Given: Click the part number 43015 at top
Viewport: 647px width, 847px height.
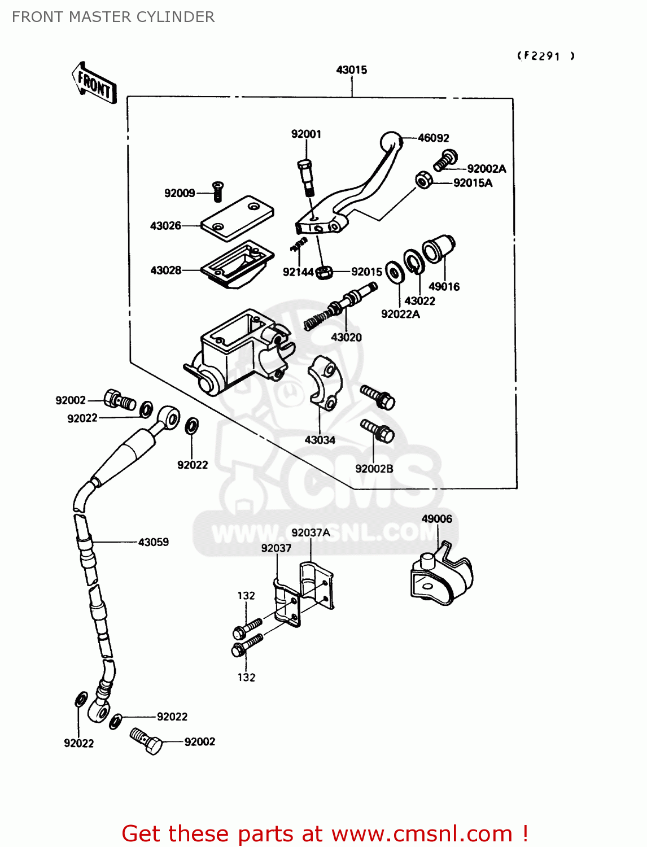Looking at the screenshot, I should pos(351,70).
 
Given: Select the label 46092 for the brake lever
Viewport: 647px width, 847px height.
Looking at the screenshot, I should pos(433,138).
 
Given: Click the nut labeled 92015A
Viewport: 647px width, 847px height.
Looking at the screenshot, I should pos(423,180).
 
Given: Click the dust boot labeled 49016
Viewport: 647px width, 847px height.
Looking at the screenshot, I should pos(439,249).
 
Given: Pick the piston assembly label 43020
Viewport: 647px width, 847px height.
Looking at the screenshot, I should pos(346,337).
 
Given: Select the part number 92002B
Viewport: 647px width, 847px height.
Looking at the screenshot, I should pos(374,469).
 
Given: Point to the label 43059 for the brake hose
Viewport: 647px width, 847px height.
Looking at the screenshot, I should pos(153,542).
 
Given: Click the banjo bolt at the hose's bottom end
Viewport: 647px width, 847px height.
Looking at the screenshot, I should pos(146,741).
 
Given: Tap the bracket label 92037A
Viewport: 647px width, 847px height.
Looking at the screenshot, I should pos(311,532).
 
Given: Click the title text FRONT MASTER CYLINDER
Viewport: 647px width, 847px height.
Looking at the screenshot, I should pos(113,17).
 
